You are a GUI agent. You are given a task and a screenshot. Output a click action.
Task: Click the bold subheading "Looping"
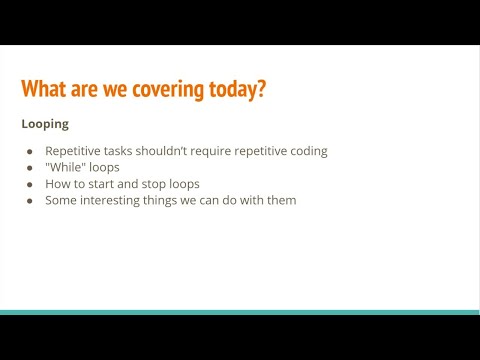click(x=45, y=124)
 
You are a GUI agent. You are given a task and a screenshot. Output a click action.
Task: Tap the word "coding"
click(x=307, y=151)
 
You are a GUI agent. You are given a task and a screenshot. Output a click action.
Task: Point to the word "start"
click(x=104, y=183)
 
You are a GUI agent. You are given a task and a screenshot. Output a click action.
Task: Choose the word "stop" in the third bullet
click(x=157, y=183)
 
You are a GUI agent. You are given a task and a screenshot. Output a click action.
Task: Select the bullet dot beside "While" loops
click(x=31, y=167)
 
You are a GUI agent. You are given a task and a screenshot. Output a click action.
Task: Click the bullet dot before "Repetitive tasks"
click(x=31, y=151)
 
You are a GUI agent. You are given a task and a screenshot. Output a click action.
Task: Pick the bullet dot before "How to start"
click(x=31, y=184)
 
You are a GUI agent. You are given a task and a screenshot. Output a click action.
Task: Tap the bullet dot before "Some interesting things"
click(x=31, y=200)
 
